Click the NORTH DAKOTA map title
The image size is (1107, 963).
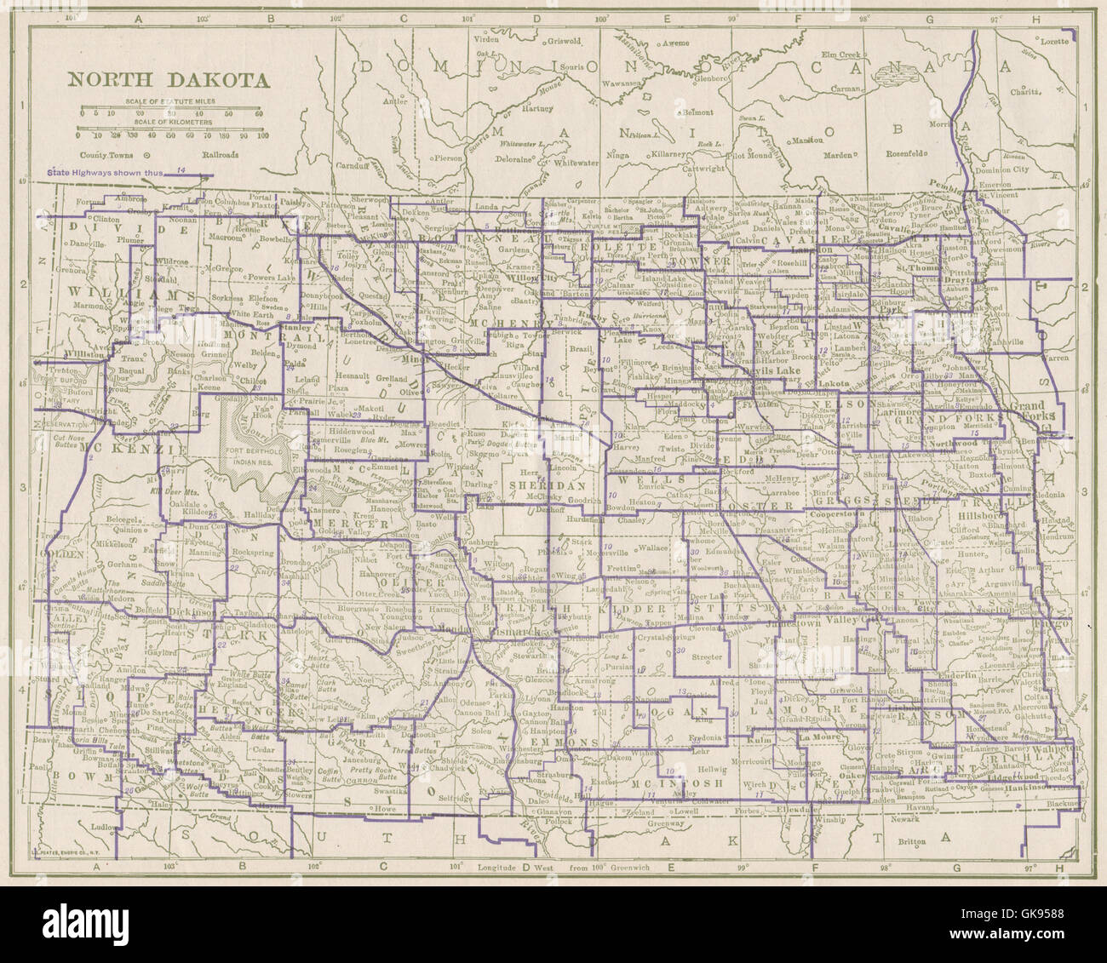click(x=168, y=80)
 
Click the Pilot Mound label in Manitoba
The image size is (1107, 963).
click(x=748, y=156)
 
